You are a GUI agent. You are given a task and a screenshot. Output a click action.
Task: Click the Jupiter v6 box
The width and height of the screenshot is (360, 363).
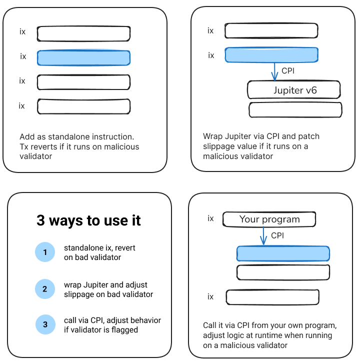point(294,90)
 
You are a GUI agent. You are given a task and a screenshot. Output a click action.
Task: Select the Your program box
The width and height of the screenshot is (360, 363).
point(269,219)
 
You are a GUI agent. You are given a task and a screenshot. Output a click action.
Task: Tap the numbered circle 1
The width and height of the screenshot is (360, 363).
point(45,252)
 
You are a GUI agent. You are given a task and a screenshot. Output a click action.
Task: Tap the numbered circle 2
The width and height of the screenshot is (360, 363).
point(45,289)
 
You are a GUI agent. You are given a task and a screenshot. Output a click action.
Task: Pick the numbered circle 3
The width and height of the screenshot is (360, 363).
point(45,324)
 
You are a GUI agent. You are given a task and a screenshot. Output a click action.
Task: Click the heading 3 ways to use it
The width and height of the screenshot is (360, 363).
point(88,220)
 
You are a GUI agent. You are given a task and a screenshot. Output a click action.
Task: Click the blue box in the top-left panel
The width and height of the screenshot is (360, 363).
point(83,57)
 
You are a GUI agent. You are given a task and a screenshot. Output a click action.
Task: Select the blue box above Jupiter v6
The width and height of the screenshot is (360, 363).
point(271,55)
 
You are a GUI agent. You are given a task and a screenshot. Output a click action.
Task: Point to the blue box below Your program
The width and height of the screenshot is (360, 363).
point(283,253)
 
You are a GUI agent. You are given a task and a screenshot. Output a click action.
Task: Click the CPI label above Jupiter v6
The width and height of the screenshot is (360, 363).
point(288,71)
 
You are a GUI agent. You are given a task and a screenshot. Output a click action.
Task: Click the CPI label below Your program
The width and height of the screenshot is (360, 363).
point(277,235)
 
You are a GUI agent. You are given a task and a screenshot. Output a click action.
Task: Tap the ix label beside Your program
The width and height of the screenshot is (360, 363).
point(210,218)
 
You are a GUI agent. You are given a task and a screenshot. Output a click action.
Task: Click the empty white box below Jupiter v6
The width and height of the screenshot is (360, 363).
point(295,109)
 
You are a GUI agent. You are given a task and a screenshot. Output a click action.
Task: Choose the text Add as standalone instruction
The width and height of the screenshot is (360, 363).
point(77,136)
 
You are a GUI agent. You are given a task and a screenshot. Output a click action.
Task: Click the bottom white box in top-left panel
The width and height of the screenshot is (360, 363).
point(83,106)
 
